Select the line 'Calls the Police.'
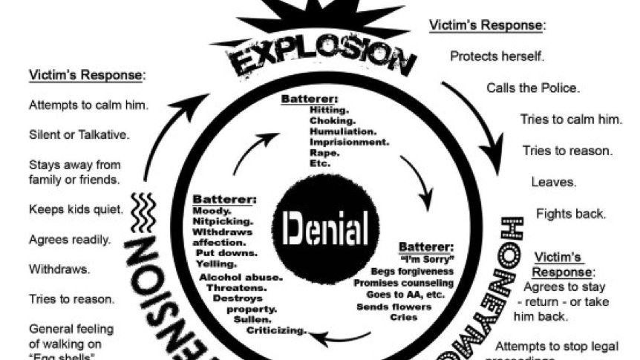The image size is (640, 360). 533,88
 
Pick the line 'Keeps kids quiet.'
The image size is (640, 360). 76,209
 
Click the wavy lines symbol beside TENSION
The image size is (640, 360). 143,210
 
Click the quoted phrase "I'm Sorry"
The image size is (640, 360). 426,259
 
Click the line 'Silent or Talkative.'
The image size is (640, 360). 79,135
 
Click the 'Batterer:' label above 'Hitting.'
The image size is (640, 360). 310,99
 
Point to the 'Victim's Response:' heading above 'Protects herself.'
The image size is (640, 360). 487,24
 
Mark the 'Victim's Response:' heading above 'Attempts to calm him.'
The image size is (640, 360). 87,75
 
